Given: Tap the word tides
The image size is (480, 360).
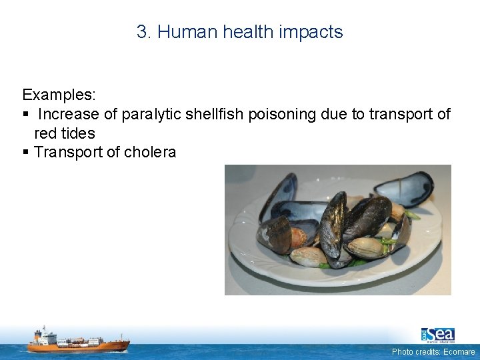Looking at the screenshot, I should pyautogui.click(x=78, y=133).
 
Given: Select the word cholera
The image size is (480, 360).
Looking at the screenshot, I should pyautogui.click(x=151, y=153).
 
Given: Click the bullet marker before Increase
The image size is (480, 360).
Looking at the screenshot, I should pyautogui.click(x=25, y=115).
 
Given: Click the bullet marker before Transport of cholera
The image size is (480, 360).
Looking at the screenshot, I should pyautogui.click(x=25, y=153).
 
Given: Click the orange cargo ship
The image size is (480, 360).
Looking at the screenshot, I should pyautogui.click(x=78, y=341).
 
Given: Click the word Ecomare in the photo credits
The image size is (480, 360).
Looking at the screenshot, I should pyautogui.click(x=459, y=351).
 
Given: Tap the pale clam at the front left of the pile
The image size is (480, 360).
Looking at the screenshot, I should pyautogui.click(x=309, y=256).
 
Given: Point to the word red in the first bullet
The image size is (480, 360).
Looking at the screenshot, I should pyautogui.click(x=45, y=133).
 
